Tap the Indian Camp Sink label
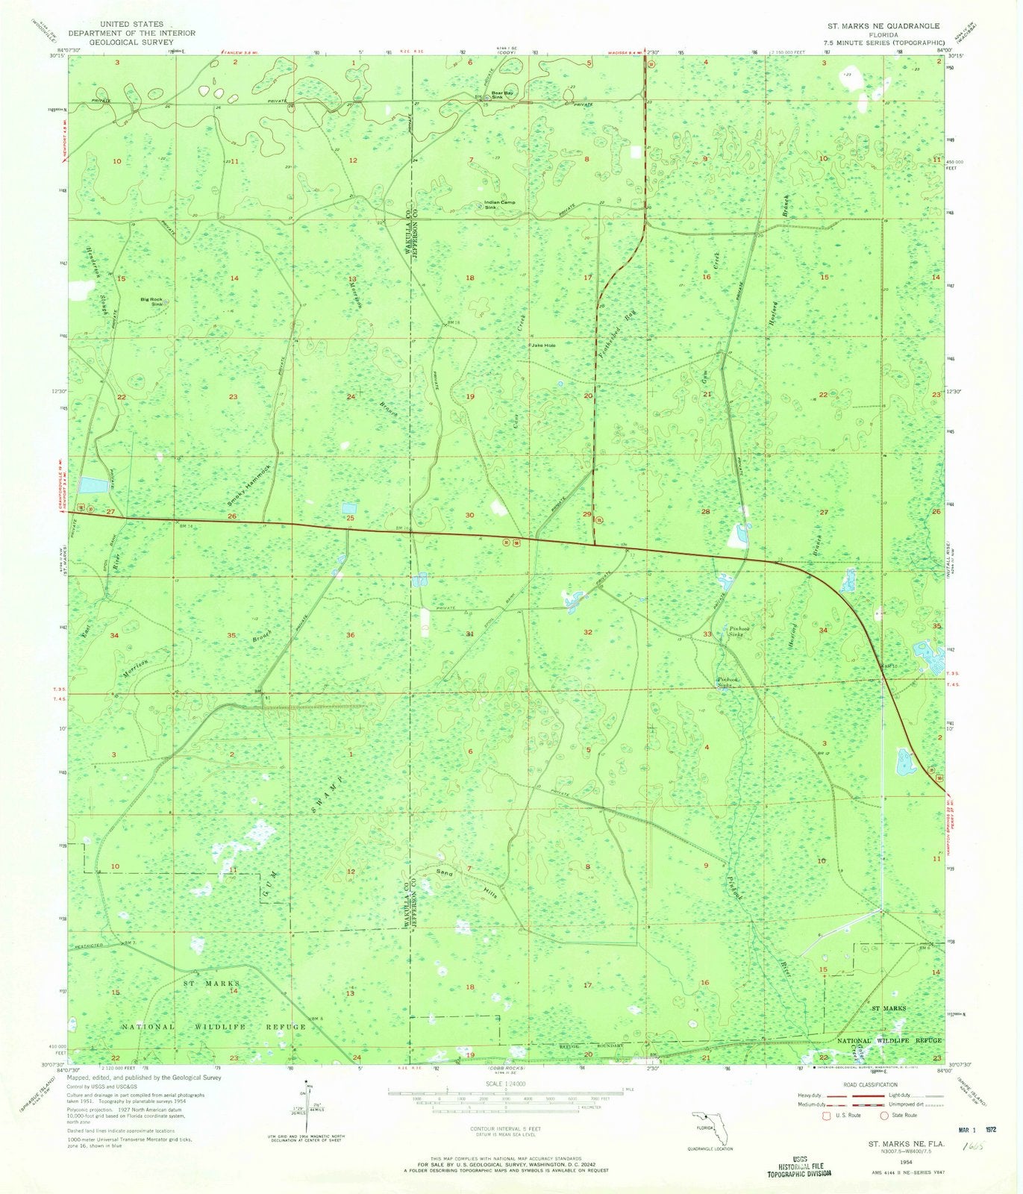[x=500, y=204]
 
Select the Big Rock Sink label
[x=155, y=301]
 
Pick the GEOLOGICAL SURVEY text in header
[x=131, y=43]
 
